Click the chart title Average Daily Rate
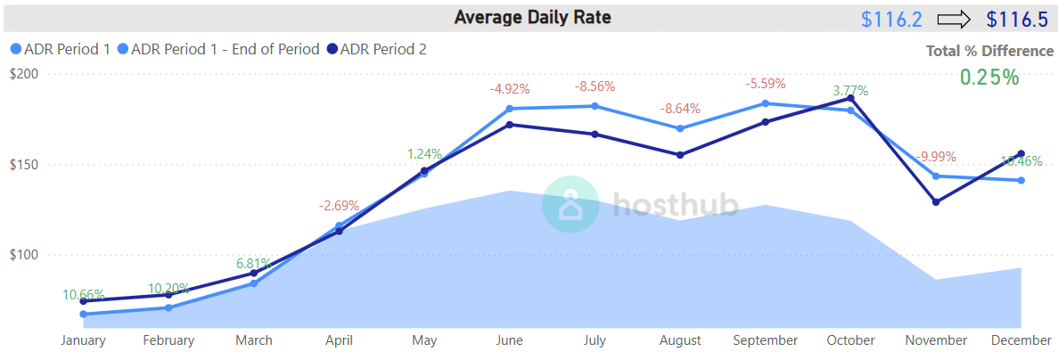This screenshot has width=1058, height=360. (x=532, y=17)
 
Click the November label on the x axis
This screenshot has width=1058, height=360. (x=936, y=340)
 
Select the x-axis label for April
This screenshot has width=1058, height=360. (x=339, y=340)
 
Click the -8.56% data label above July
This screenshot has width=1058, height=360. (x=595, y=86)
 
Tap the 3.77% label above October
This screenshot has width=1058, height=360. (x=850, y=91)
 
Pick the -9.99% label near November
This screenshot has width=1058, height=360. (x=936, y=156)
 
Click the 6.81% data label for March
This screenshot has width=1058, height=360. (x=253, y=264)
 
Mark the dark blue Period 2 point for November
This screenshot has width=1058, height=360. (x=936, y=202)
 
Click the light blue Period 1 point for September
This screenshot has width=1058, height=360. (x=766, y=103)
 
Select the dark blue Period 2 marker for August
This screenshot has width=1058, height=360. (x=680, y=155)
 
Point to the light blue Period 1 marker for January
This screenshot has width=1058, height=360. (x=83, y=314)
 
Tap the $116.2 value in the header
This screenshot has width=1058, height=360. (x=892, y=19)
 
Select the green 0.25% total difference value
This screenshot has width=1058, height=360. (x=988, y=77)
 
